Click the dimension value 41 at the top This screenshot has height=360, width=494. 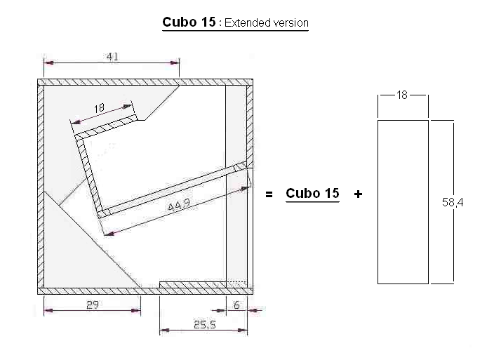(112, 57)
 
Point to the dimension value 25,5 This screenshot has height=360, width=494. (203, 324)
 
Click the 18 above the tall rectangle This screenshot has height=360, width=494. (402, 95)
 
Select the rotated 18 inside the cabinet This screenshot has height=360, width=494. (99, 109)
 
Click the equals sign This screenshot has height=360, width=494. (269, 194)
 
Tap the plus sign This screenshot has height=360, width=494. (359, 194)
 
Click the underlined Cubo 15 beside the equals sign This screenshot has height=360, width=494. (312, 193)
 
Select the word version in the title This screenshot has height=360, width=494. (290, 23)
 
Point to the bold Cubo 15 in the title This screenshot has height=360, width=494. (189, 22)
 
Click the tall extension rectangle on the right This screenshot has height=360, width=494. (403, 201)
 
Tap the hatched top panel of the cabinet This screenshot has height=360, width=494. (144, 83)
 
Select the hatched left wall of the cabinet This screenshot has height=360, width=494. (40, 186)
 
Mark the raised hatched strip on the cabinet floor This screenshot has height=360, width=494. (193, 284)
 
